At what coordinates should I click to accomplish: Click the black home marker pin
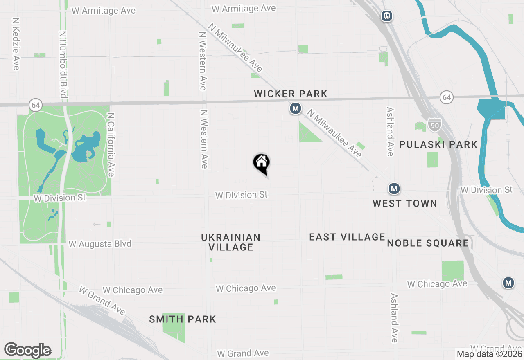(x=261, y=163)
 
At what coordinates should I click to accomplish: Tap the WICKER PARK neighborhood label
(x=291, y=94)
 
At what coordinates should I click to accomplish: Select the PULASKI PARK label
(x=438, y=144)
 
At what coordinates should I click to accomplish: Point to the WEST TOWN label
(x=404, y=203)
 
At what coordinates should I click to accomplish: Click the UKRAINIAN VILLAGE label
(x=231, y=242)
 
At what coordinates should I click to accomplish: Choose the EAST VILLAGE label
(x=347, y=237)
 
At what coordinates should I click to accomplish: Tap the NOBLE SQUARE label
(x=428, y=243)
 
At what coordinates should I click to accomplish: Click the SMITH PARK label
(x=182, y=319)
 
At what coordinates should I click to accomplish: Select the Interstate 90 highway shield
(x=434, y=124)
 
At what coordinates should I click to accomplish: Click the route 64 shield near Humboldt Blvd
(x=36, y=105)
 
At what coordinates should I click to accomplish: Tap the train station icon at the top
(x=386, y=16)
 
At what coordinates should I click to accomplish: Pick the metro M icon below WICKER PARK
(x=295, y=109)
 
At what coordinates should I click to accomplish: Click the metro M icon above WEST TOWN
(x=394, y=189)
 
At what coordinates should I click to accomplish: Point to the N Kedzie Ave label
(x=16, y=43)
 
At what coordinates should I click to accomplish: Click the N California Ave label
(x=110, y=145)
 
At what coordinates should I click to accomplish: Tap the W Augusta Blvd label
(x=100, y=244)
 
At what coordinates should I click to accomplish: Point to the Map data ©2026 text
(x=490, y=354)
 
